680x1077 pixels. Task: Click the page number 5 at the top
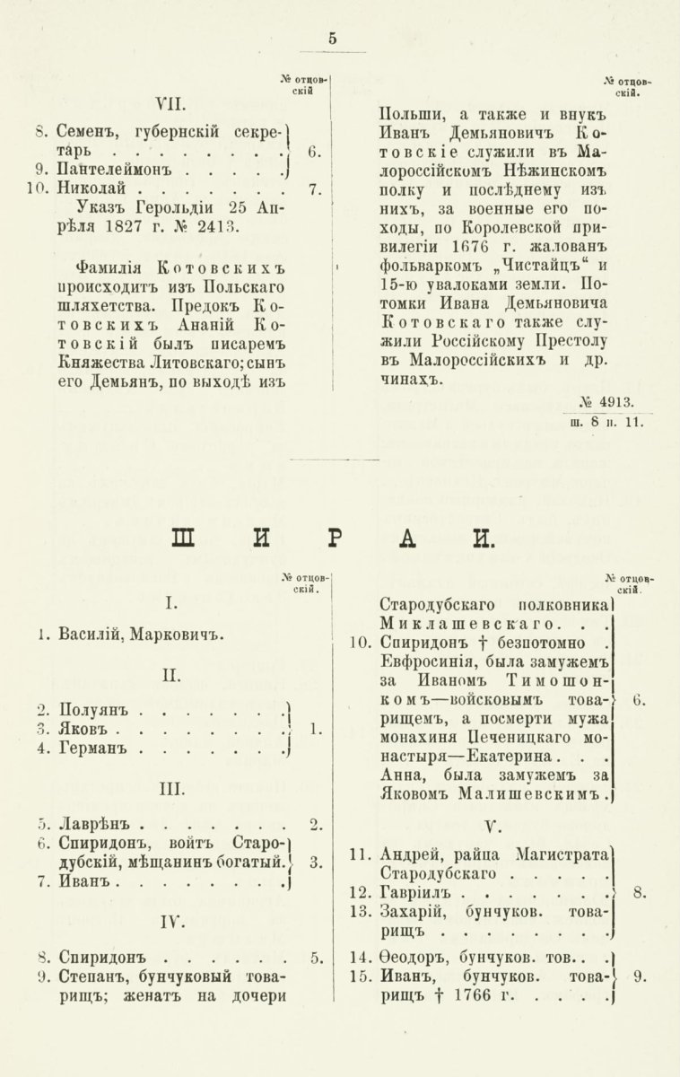coord(333,38)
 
